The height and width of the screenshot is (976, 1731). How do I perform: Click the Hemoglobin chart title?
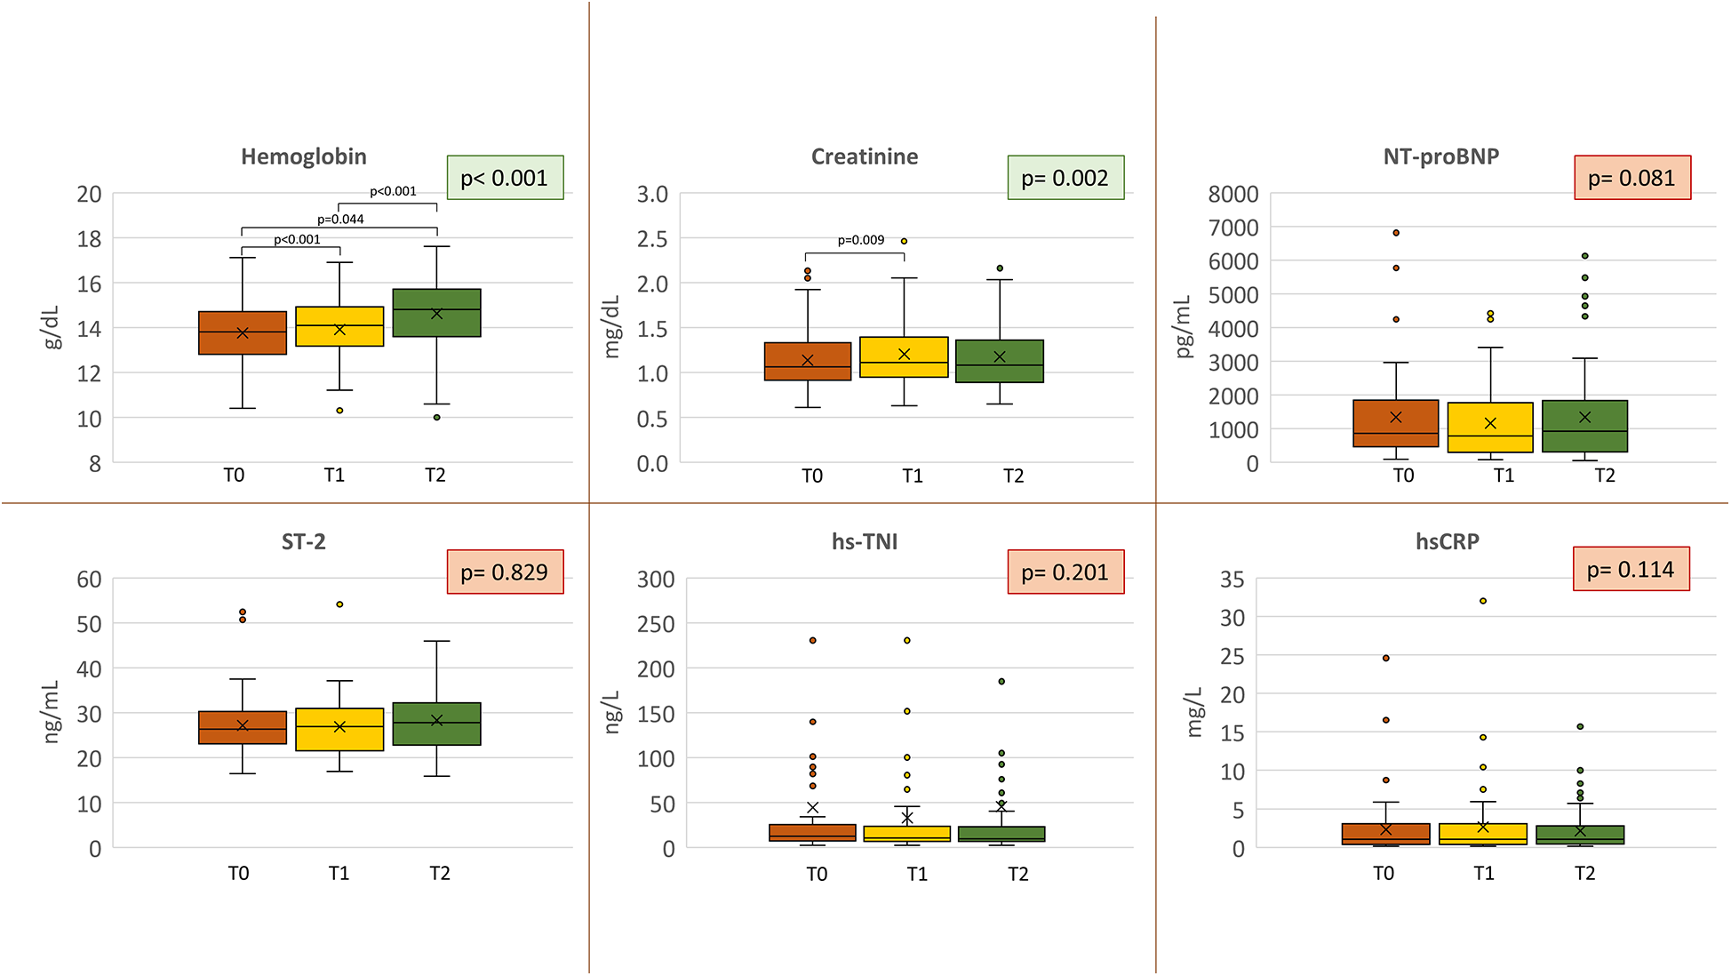pos(304,156)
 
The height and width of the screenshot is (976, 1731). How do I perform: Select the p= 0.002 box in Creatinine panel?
pos(1065,178)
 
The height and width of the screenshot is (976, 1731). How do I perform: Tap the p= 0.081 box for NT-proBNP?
pos(1631,178)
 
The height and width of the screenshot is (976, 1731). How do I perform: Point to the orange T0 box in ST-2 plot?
pos(243,727)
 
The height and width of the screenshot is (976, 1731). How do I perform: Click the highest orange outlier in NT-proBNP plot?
pos(1396,233)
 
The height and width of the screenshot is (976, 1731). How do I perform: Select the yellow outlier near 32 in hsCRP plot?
pos(1483,601)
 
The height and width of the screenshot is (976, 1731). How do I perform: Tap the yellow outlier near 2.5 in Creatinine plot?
pos(904,241)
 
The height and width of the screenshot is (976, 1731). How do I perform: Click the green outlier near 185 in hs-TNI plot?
pos(1001,682)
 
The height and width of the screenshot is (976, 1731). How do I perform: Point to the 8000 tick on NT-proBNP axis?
pos(1233,194)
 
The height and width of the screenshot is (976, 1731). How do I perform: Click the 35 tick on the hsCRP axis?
pos(1232,580)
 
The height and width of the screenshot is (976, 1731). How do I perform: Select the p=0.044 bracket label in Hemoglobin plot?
pos(340,220)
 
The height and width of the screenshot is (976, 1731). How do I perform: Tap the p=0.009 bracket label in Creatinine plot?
pos(860,240)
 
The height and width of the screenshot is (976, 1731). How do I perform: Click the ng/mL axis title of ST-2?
pos(52,712)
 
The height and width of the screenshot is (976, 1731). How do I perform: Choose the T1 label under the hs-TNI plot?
pos(917,874)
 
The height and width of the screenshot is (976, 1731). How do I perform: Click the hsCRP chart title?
pos(1447,541)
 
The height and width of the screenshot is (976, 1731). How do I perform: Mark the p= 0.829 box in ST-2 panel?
pos(504,572)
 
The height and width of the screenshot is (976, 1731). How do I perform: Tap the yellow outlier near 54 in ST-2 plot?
pos(339,604)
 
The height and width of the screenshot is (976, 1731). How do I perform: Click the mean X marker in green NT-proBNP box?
pos(1584,417)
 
